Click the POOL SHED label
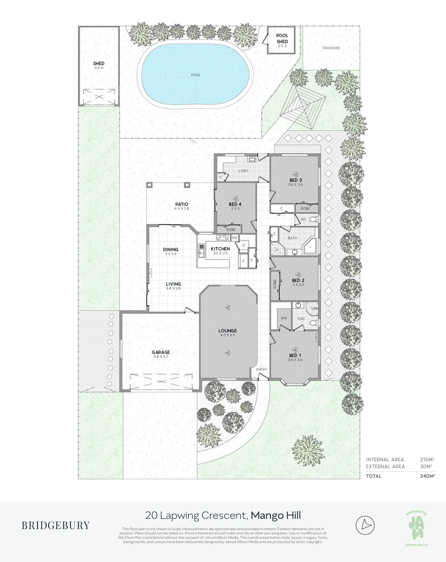click(282, 38)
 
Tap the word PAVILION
click(331, 48)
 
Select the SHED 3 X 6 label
click(99, 65)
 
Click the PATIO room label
click(182, 204)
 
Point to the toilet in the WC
click(314, 219)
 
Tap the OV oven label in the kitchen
click(235, 238)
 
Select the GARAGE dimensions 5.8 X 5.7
click(161, 357)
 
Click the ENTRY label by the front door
click(261, 369)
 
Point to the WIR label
click(284, 318)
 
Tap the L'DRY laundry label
click(243, 171)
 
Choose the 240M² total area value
click(427, 476)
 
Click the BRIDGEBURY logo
click(56, 525)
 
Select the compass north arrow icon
click(365, 525)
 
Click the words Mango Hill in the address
click(276, 516)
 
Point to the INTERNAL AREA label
click(385, 460)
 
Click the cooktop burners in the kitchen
click(222, 238)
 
